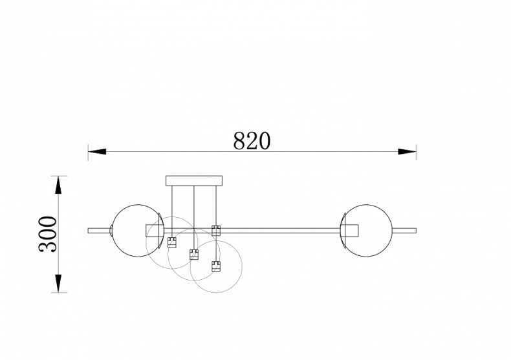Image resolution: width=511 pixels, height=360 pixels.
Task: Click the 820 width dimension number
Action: [252, 141]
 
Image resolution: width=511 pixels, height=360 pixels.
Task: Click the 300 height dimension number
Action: [49, 234]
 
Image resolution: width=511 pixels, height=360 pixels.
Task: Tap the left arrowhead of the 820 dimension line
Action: [97, 152]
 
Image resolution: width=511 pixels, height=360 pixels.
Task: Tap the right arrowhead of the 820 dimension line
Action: [407, 152]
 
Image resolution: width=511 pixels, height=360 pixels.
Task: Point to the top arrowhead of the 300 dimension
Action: [59, 184]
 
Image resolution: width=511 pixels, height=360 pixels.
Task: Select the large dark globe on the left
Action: [136, 230]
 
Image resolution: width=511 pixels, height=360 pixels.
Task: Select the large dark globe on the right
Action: [367, 230]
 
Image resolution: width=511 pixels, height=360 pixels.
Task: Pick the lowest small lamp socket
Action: [216, 265]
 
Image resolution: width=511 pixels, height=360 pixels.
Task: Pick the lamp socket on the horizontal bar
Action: [216, 229]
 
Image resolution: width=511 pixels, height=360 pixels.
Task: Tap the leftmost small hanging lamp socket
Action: [172, 242]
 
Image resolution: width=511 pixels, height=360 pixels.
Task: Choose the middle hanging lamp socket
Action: [193, 253]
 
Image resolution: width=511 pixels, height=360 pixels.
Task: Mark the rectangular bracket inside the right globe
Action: [350, 231]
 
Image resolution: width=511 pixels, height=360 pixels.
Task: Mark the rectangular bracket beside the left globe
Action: [154, 231]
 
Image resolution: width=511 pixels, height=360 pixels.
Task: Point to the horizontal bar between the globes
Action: [278, 229]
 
